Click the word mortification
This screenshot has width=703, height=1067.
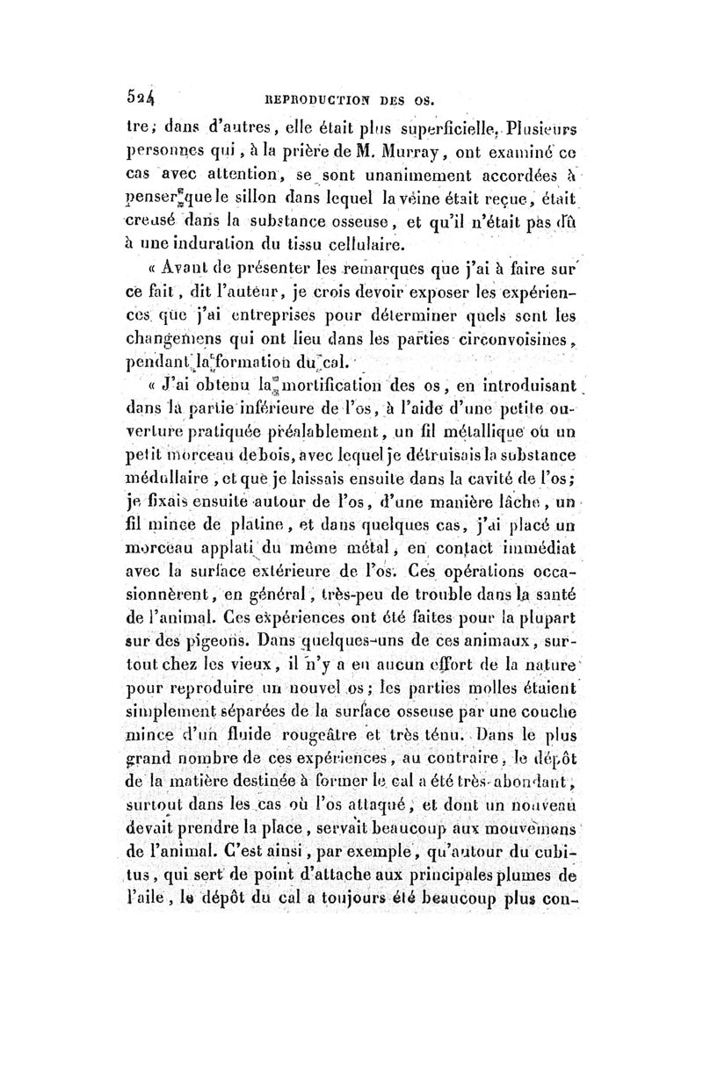pyautogui.click(x=329, y=385)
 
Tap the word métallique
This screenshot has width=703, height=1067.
pyautogui.click(x=493, y=434)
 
